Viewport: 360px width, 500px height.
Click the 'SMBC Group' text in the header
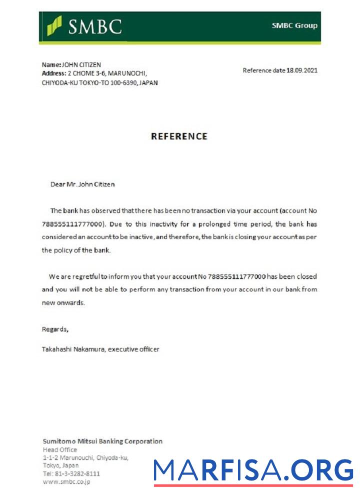pos(294,25)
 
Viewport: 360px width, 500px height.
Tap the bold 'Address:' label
pos(54,73)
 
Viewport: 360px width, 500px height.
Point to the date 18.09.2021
pos(302,70)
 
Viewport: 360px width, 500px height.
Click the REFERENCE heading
pos(179,136)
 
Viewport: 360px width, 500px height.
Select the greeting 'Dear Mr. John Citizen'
pos(82,184)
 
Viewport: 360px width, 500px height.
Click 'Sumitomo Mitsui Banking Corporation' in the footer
pos(102,441)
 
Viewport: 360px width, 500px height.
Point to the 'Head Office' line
pos(60,449)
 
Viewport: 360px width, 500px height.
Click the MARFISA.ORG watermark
pos(253,470)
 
